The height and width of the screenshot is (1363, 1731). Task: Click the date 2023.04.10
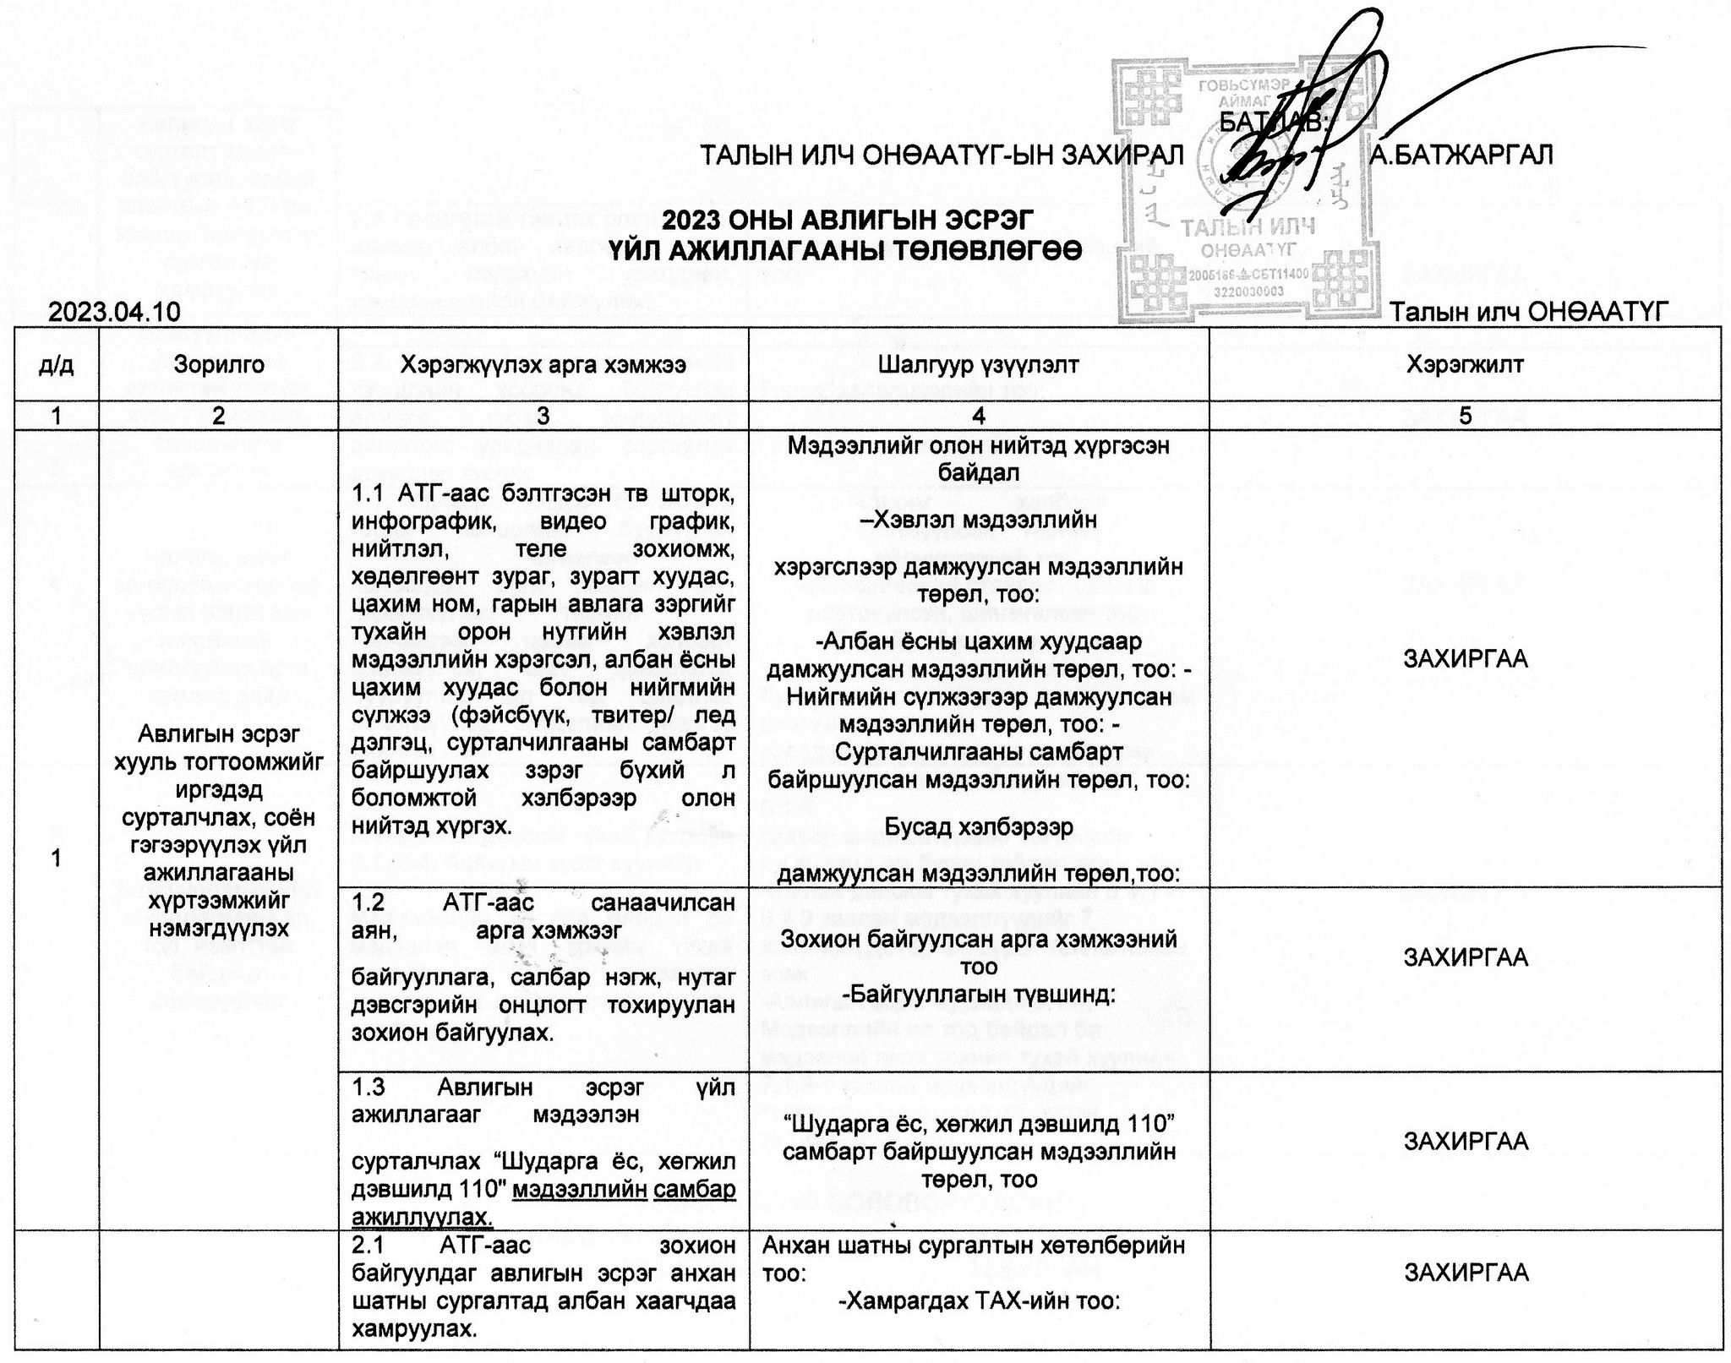click(115, 313)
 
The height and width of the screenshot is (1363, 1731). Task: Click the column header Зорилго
click(219, 364)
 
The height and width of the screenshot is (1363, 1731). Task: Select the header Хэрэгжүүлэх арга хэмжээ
click(543, 364)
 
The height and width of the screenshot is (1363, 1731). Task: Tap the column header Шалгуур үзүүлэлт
click(978, 364)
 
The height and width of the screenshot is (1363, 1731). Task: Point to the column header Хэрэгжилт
click(1465, 364)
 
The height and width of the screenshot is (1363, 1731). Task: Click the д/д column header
click(56, 364)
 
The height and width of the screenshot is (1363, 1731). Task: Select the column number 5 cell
click(1465, 415)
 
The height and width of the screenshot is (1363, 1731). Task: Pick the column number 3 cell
click(543, 415)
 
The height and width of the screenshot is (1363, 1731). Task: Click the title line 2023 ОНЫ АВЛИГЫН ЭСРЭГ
click(848, 221)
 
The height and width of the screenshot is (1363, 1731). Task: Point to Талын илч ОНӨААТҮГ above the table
click(1530, 313)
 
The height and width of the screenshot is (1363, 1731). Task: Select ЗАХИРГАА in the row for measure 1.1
click(1466, 659)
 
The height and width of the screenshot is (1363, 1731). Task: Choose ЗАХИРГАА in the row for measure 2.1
click(1466, 1273)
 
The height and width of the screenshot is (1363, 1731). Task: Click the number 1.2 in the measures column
click(369, 903)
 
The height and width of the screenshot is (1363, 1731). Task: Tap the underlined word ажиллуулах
click(422, 1218)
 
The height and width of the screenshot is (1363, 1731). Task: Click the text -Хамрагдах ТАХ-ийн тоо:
click(978, 1301)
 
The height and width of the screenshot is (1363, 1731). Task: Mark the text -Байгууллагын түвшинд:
click(978, 995)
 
